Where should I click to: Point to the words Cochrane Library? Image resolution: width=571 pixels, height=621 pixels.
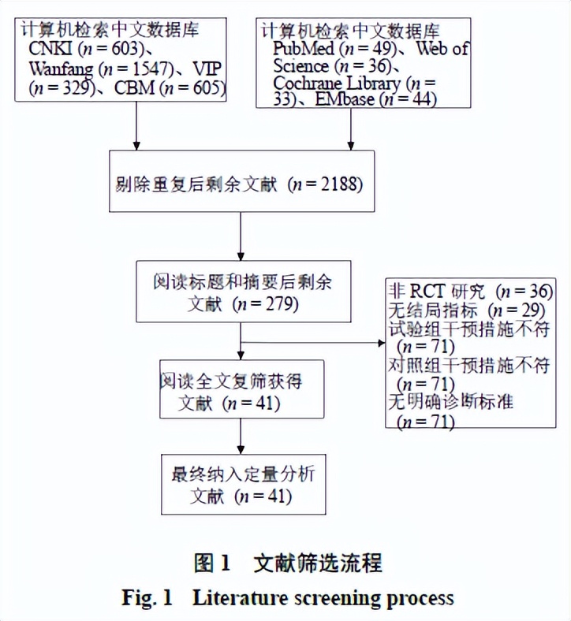339,83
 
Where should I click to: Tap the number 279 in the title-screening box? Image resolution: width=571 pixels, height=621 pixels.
278,304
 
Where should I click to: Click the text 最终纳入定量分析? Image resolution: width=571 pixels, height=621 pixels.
244,475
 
